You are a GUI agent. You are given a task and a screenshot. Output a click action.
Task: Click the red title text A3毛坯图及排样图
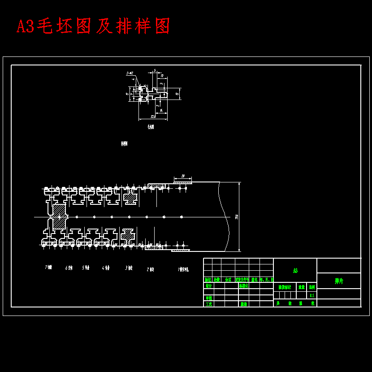pos(93,26)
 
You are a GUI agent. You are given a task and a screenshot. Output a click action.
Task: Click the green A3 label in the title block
pos(295,271)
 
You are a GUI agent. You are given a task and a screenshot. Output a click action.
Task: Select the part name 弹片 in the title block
pos(339,281)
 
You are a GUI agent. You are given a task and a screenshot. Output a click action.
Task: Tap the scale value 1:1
pos(311,295)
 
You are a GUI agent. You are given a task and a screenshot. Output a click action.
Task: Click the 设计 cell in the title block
pos(208,286)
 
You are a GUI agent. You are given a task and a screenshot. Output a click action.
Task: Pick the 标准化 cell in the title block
pos(243,286)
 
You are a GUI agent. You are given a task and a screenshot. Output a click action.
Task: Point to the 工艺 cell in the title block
pos(208,304)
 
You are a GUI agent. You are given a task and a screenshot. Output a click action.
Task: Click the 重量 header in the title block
pos(302,287)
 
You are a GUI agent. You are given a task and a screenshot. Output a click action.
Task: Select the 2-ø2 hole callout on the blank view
pos(130,73)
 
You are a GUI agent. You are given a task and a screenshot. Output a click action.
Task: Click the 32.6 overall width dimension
pos(153,117)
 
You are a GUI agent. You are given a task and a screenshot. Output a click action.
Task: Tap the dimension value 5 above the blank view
pos(155,70)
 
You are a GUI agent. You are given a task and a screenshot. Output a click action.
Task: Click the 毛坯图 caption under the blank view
pos(151,127)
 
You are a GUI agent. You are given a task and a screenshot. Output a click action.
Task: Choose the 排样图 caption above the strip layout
pos(124,144)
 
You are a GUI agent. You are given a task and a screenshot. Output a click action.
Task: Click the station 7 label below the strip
pos(48,268)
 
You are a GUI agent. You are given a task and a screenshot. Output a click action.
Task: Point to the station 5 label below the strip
pos(86,268)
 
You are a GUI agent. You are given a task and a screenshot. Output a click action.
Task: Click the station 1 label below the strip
pos(183,270)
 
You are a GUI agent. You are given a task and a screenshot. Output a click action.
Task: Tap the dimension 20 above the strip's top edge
pos(183,176)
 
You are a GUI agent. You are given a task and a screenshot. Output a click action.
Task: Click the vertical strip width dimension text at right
pos(237,217)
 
